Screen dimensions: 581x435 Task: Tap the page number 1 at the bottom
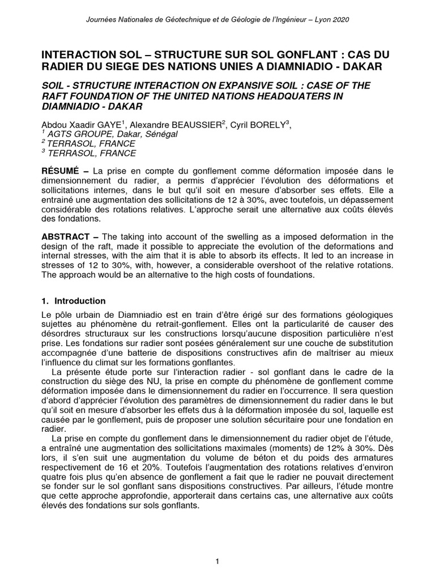tap(217, 562)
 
